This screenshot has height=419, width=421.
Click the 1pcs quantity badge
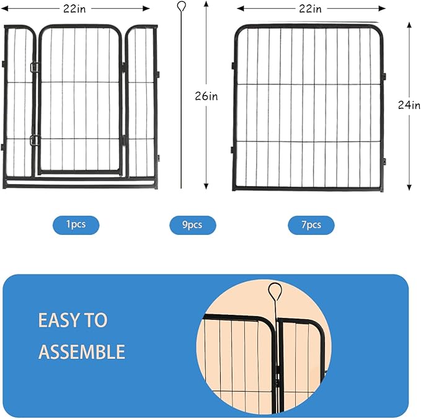(x=76, y=224)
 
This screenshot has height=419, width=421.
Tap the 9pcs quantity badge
(x=192, y=225)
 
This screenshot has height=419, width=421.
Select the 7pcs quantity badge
(x=311, y=225)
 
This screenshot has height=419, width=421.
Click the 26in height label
(x=206, y=96)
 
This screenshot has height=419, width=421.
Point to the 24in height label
(x=409, y=105)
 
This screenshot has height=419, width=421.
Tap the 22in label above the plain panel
(x=309, y=9)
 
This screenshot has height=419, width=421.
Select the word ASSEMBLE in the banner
(x=82, y=352)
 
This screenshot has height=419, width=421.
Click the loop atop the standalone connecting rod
(x=181, y=7)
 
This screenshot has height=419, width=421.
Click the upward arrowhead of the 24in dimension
(x=409, y=24)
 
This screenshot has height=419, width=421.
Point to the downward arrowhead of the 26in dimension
(x=206, y=185)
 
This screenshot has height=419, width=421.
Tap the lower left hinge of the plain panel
(x=234, y=148)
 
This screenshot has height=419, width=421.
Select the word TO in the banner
(x=97, y=320)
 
